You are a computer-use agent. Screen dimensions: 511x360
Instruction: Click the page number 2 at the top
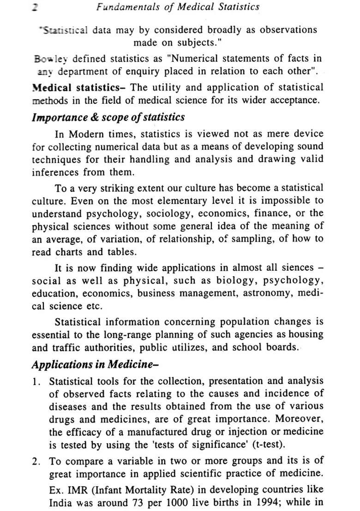(34, 7)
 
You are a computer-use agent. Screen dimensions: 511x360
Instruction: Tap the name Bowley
(51, 59)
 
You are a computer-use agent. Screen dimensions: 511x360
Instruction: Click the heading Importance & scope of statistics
(108, 117)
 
